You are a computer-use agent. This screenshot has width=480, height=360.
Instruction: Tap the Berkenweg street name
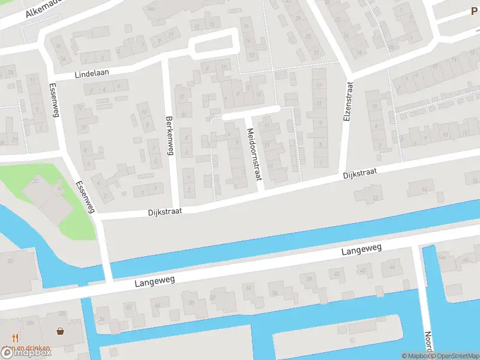point(170,136)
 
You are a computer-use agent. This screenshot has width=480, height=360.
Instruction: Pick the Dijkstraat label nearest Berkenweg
point(164,212)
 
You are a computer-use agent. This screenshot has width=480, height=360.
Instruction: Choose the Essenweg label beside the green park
point(86,197)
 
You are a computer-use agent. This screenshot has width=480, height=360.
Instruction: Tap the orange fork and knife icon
point(15,338)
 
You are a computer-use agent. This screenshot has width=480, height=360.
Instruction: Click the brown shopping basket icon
point(61,331)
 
